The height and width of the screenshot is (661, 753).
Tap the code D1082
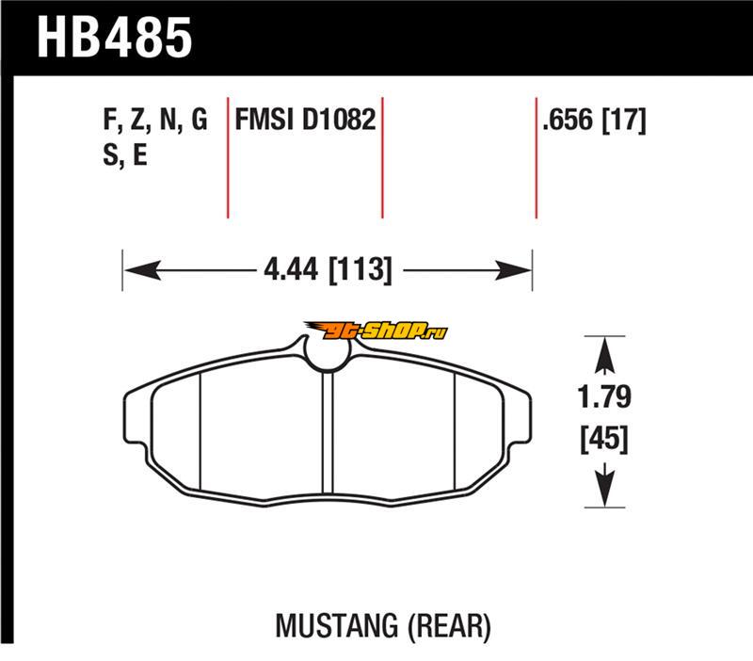point(339,120)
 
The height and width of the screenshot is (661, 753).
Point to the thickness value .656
point(568,120)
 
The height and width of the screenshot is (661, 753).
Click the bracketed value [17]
point(624,121)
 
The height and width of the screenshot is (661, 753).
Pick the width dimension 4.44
point(291,269)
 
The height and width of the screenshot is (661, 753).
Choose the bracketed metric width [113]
point(360,270)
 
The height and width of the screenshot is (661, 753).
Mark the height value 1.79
point(604,396)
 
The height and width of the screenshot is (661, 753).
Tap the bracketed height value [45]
point(604,438)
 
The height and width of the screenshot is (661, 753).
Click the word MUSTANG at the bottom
point(337,626)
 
